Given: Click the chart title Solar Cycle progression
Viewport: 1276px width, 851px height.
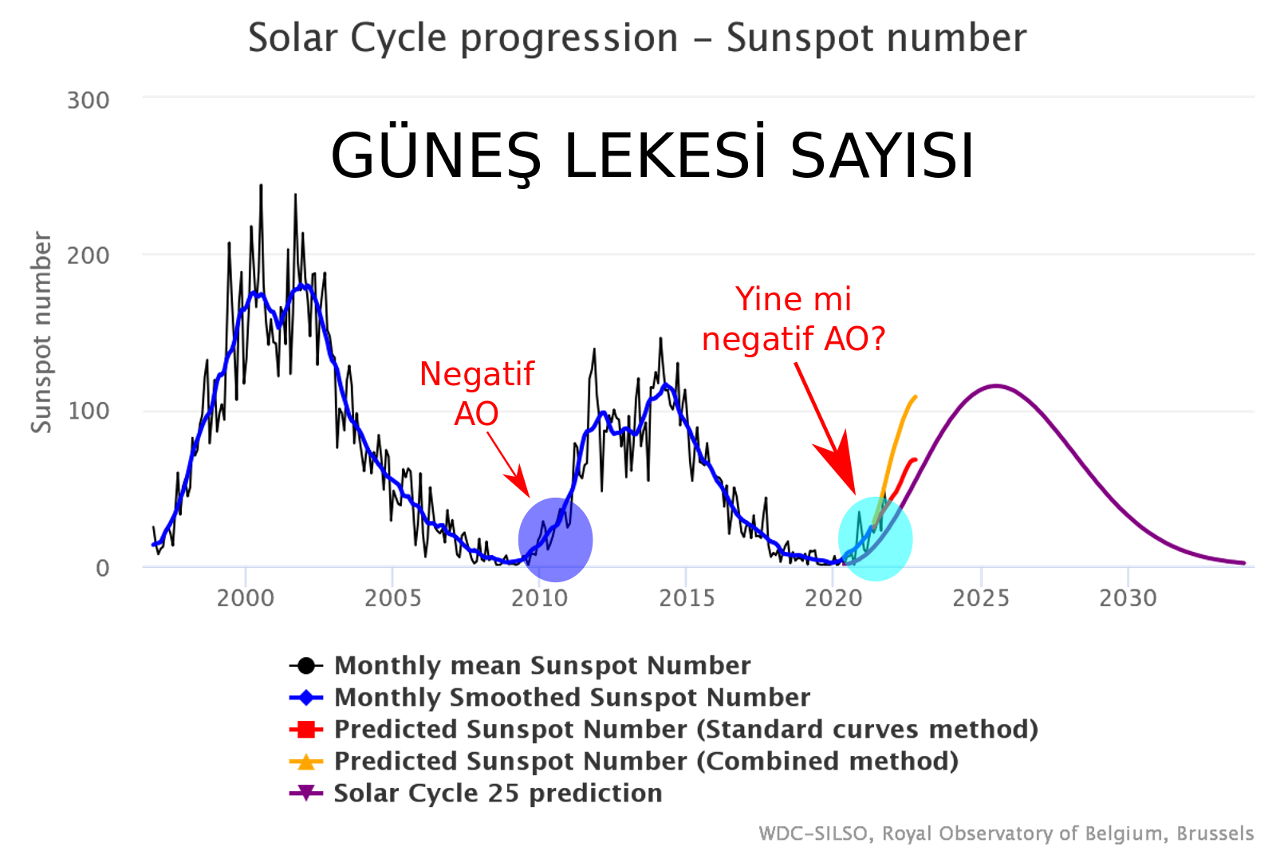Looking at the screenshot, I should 636,38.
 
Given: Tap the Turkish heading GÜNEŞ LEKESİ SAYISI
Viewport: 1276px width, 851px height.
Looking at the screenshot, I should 652,156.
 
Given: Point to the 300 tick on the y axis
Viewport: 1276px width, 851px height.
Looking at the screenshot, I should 88,100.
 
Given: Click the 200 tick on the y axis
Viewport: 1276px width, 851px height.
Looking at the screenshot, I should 88,256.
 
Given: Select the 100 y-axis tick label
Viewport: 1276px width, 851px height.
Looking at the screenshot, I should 88,412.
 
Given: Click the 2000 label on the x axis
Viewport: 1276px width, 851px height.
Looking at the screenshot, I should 246,598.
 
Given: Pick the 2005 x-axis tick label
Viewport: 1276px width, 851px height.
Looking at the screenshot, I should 392,598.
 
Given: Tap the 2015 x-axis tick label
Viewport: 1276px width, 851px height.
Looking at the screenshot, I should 687,598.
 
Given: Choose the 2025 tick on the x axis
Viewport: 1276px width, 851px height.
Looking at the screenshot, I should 981,598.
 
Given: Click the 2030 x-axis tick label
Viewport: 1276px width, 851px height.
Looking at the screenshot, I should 1128,598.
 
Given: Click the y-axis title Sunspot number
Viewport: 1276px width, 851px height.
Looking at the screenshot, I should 41,333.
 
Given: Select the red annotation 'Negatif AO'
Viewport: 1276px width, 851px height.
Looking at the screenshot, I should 477,393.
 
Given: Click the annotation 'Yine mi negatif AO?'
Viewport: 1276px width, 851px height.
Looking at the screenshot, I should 794,319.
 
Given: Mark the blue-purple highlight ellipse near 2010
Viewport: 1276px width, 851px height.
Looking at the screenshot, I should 555,540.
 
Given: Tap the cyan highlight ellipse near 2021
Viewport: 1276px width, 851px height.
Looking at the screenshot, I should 875,539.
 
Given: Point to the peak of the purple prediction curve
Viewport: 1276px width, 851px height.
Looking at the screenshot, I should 996,386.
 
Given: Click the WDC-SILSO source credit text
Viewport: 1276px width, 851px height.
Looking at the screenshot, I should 1006,833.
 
